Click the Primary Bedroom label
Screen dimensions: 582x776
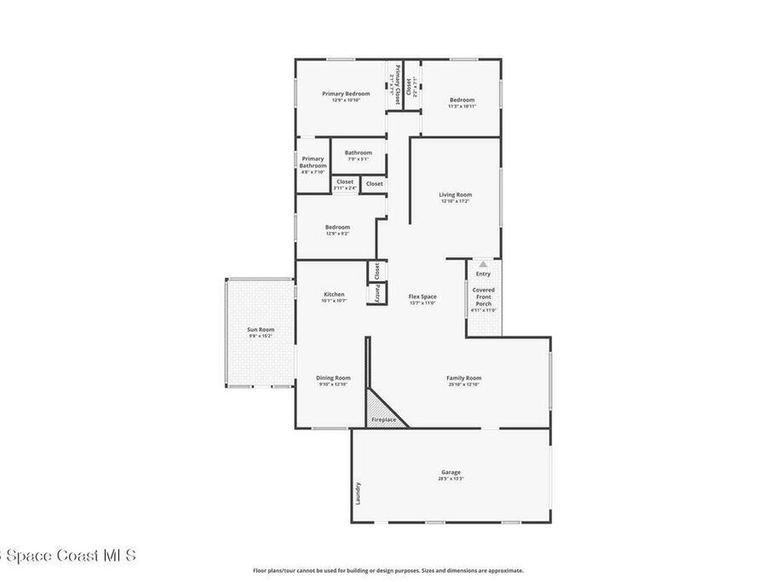(x=346, y=94)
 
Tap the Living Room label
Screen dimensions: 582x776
(x=455, y=195)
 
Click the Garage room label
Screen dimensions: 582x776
(x=450, y=472)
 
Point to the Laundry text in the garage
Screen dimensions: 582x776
(x=358, y=493)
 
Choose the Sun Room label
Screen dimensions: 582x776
(x=261, y=330)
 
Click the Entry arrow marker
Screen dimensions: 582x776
(x=483, y=264)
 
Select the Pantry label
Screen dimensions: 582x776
(x=377, y=293)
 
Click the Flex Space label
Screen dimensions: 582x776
(x=422, y=296)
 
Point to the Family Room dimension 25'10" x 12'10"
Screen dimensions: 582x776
(x=464, y=385)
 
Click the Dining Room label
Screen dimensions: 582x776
(x=333, y=378)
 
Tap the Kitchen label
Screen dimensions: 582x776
(x=334, y=295)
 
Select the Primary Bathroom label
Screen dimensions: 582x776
(x=313, y=162)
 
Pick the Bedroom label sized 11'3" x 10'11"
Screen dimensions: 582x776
(x=462, y=100)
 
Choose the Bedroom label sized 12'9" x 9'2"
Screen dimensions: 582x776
(x=337, y=227)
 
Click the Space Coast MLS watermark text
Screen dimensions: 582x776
(x=68, y=555)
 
